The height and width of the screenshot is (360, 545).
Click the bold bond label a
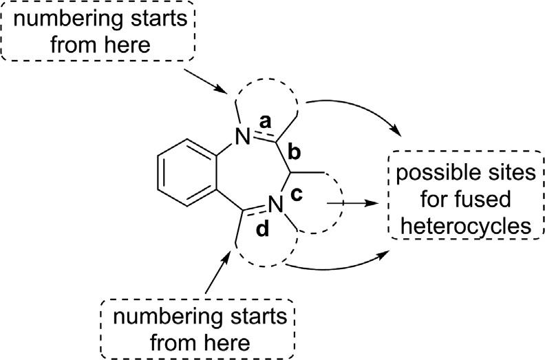264,121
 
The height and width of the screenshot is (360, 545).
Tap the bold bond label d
262,230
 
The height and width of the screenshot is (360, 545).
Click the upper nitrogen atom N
241,137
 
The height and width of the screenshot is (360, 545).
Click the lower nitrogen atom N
277,204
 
